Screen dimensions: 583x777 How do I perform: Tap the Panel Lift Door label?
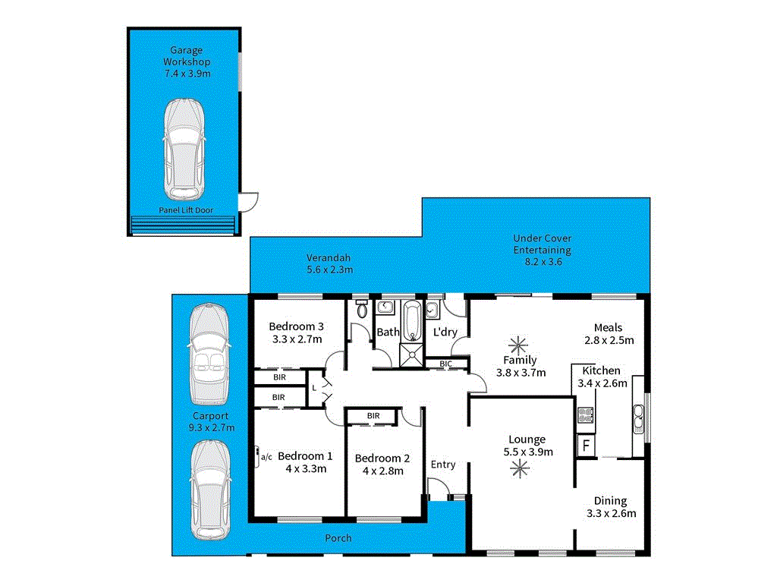tap(186, 210)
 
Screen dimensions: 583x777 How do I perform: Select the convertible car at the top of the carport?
tap(209, 353)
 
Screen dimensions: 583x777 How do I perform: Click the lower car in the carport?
tap(209, 490)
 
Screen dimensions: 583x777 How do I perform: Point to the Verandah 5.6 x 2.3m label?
tap(329, 263)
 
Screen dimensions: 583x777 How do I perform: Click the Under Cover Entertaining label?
tap(542, 250)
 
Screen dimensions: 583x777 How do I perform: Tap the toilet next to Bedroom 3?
tap(361, 310)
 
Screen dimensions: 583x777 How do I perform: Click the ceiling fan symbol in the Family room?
tap(520, 342)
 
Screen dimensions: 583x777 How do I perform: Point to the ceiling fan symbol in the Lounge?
tap(521, 469)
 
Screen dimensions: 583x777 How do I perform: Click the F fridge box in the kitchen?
tap(586, 445)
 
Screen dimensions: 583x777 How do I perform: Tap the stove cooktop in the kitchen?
tap(586, 414)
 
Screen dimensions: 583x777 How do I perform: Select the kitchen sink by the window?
tap(638, 416)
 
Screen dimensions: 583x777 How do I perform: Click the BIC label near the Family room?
tap(445, 364)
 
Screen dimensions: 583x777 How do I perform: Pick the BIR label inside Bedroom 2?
tap(373, 416)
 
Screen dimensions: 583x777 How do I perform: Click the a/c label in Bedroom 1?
tap(266, 457)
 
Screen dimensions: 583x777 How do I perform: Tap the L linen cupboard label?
tap(314, 388)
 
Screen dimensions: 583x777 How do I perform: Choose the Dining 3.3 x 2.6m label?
tap(610, 507)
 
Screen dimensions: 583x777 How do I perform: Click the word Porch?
tap(338, 538)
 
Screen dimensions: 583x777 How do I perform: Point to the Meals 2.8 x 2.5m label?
tap(609, 334)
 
